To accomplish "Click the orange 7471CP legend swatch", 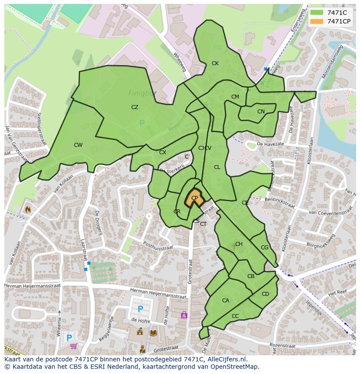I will [316, 21].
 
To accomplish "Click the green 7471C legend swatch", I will [316, 13].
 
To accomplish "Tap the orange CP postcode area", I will [194, 198].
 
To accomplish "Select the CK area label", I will [215, 63].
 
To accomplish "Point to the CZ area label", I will [135, 107].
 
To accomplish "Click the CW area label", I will [78, 145].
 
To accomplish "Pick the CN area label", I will [261, 112].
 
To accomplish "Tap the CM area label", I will [235, 97].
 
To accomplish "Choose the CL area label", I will [217, 167].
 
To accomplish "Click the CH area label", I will [239, 244].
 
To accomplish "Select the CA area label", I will [225, 301].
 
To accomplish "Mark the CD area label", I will [265, 294].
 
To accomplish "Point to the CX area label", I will [163, 152].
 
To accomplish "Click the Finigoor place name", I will [142, 93].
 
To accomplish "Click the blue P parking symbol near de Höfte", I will [140, 309].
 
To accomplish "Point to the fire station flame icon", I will [29, 209].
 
